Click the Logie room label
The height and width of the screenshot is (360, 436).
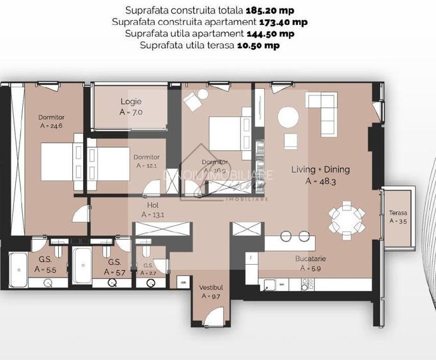131,106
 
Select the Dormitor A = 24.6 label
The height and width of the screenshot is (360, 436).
51,121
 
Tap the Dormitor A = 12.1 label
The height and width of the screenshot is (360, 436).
146,161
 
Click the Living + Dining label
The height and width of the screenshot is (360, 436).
320,175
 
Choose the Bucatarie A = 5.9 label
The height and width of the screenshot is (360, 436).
312,264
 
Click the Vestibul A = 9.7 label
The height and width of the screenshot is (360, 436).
211,292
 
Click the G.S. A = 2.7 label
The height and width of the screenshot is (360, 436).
148,269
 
